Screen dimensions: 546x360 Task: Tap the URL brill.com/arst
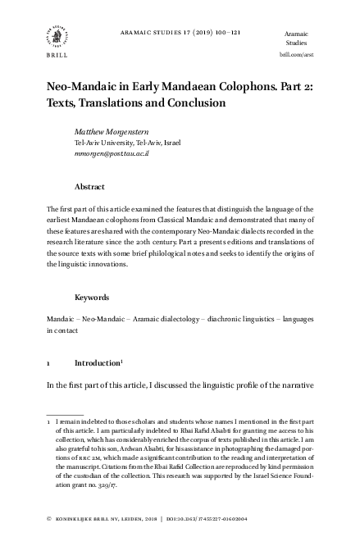[x=296, y=54]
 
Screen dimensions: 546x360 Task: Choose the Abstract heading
[x=89, y=187]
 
